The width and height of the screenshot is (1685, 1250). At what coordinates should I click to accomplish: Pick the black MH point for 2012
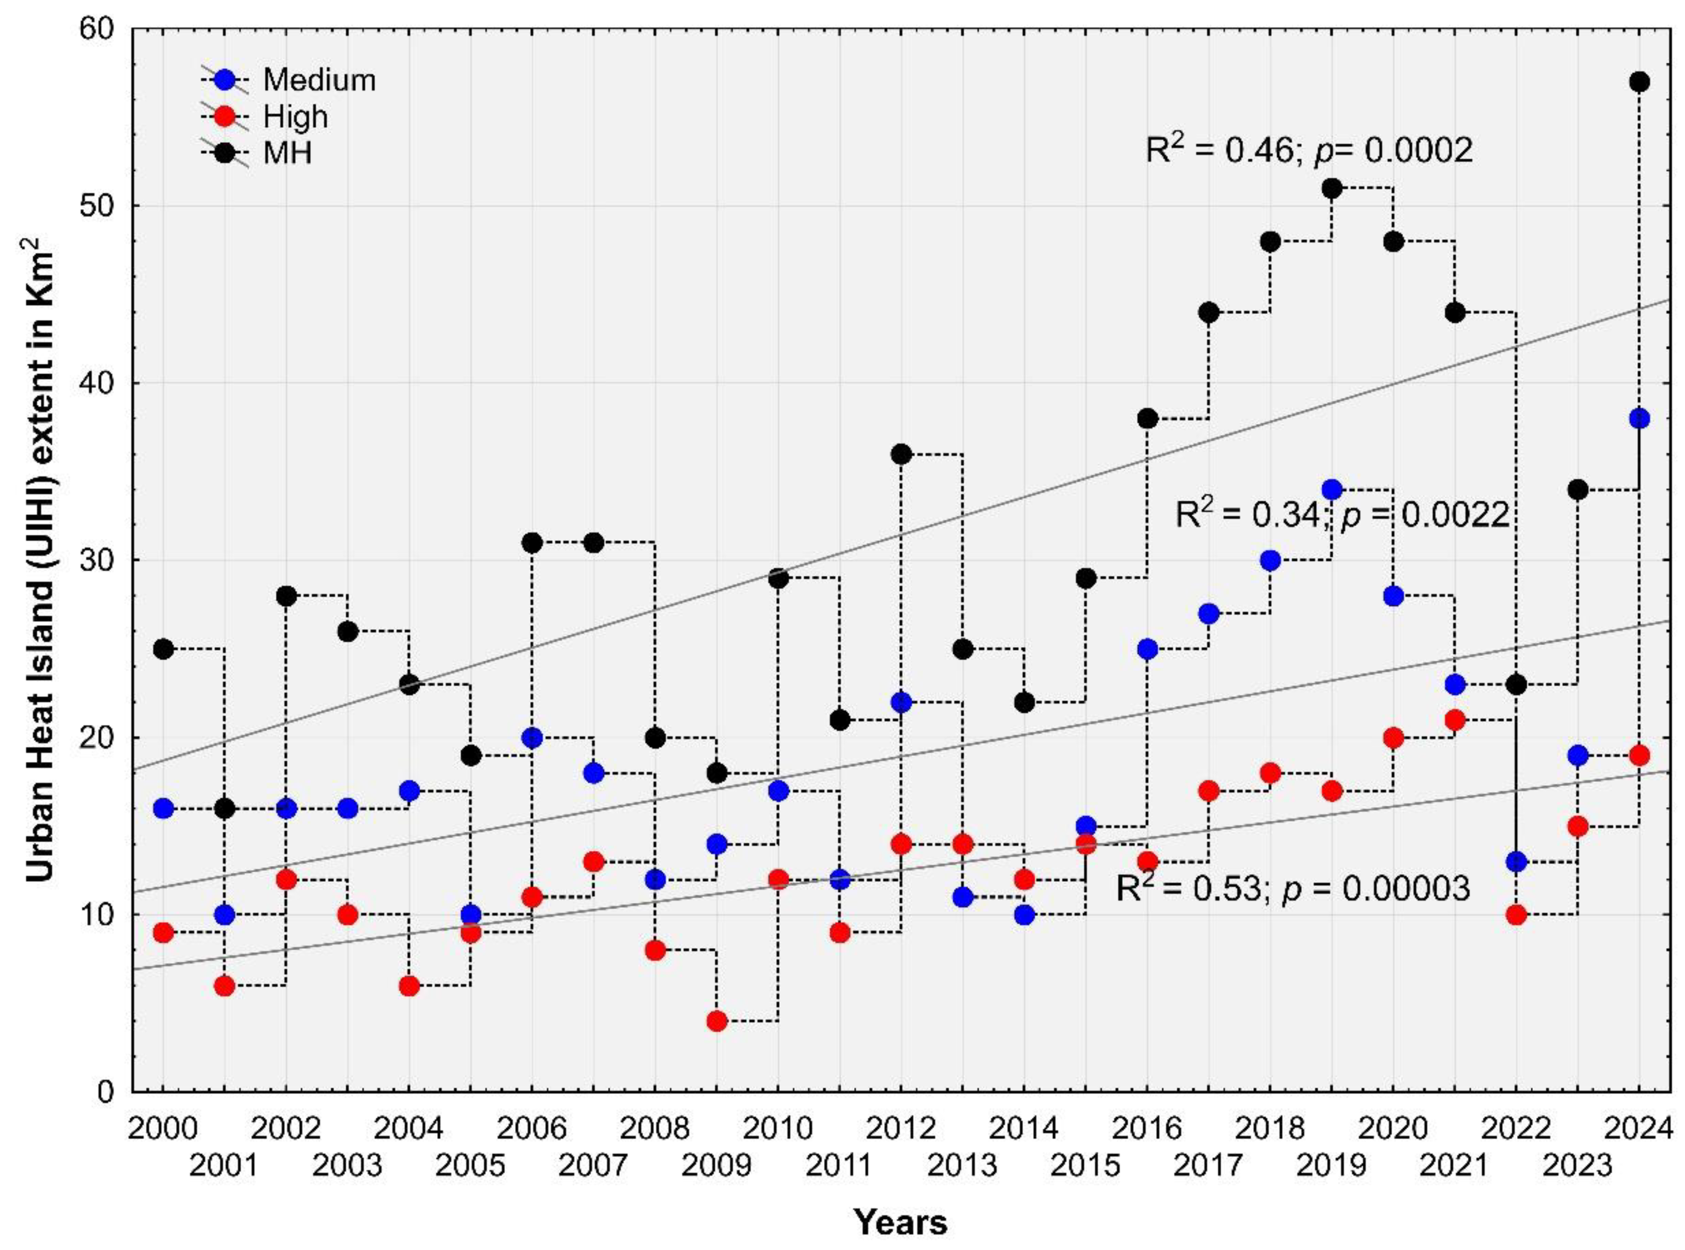[x=901, y=454]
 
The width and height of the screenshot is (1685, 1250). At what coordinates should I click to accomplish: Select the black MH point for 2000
[x=162, y=649]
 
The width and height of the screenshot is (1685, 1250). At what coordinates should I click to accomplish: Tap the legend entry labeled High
[x=295, y=116]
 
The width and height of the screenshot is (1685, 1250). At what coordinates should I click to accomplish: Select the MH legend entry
[x=287, y=153]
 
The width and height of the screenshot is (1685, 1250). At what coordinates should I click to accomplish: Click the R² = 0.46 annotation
[x=1309, y=150]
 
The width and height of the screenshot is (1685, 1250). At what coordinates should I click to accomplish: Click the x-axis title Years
[x=900, y=1222]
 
